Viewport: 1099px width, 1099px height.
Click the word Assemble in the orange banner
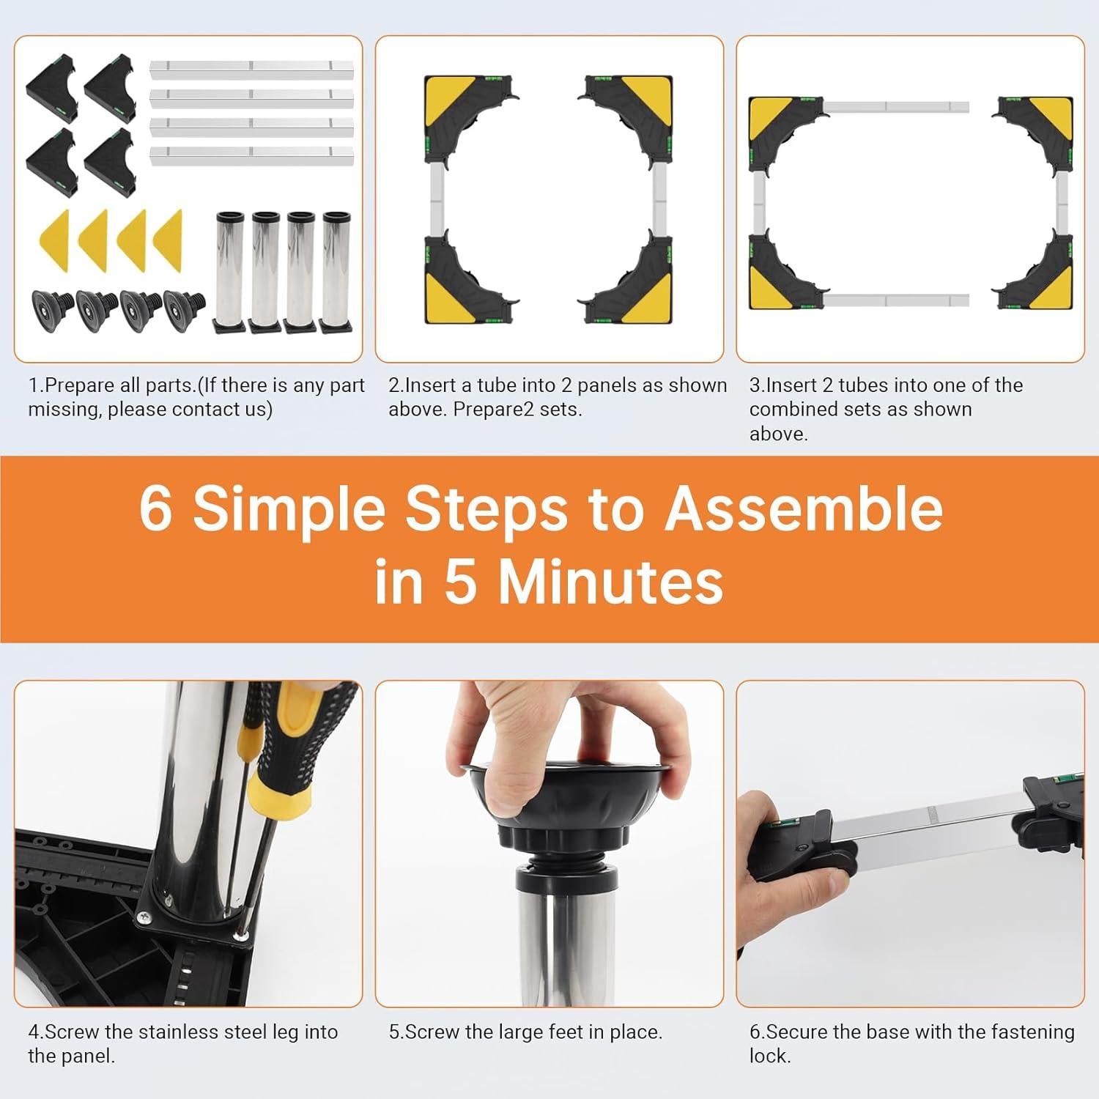[804, 509]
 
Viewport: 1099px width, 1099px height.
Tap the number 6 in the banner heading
[155, 508]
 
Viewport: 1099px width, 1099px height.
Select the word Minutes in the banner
[611, 582]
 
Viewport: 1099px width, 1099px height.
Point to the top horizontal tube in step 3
[898, 107]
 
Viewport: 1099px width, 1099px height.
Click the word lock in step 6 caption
[768, 1056]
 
